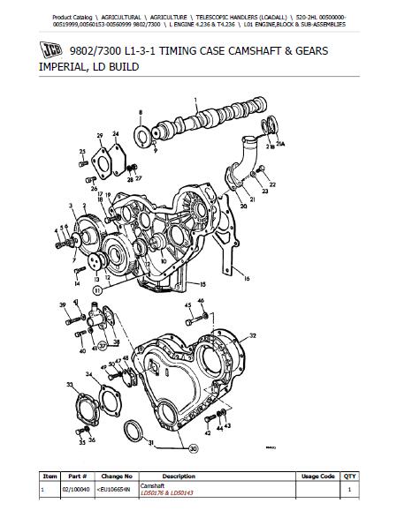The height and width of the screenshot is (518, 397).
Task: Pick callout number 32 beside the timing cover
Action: coord(253,336)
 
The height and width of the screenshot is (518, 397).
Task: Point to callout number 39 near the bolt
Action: coord(63,305)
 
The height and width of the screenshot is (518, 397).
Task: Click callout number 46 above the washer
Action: coord(201,302)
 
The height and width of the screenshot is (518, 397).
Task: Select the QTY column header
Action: coord(349,476)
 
